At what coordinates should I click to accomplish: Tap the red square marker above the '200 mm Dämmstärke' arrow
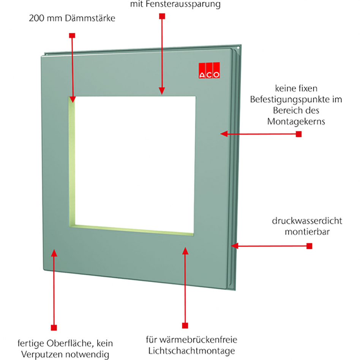pos(72,35)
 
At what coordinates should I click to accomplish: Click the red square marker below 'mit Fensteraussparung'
pos(162,16)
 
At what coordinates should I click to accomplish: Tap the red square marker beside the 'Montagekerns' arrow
pos(298,134)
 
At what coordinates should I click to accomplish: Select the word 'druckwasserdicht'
pos(307,221)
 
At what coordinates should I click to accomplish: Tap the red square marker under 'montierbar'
pos(309,246)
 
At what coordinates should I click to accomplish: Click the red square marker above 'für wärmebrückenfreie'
pos(185,325)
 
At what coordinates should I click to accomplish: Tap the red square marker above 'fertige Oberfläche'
pos(54,327)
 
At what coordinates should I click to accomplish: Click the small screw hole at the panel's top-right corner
pos(238,49)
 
